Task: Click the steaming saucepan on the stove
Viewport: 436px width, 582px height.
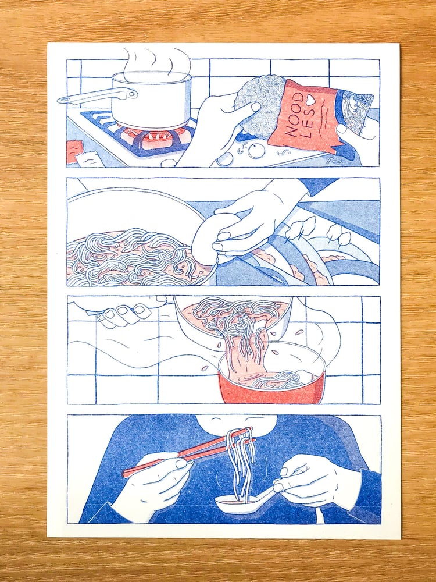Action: click(151, 101)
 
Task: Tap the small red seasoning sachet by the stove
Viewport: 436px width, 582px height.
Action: click(75, 151)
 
